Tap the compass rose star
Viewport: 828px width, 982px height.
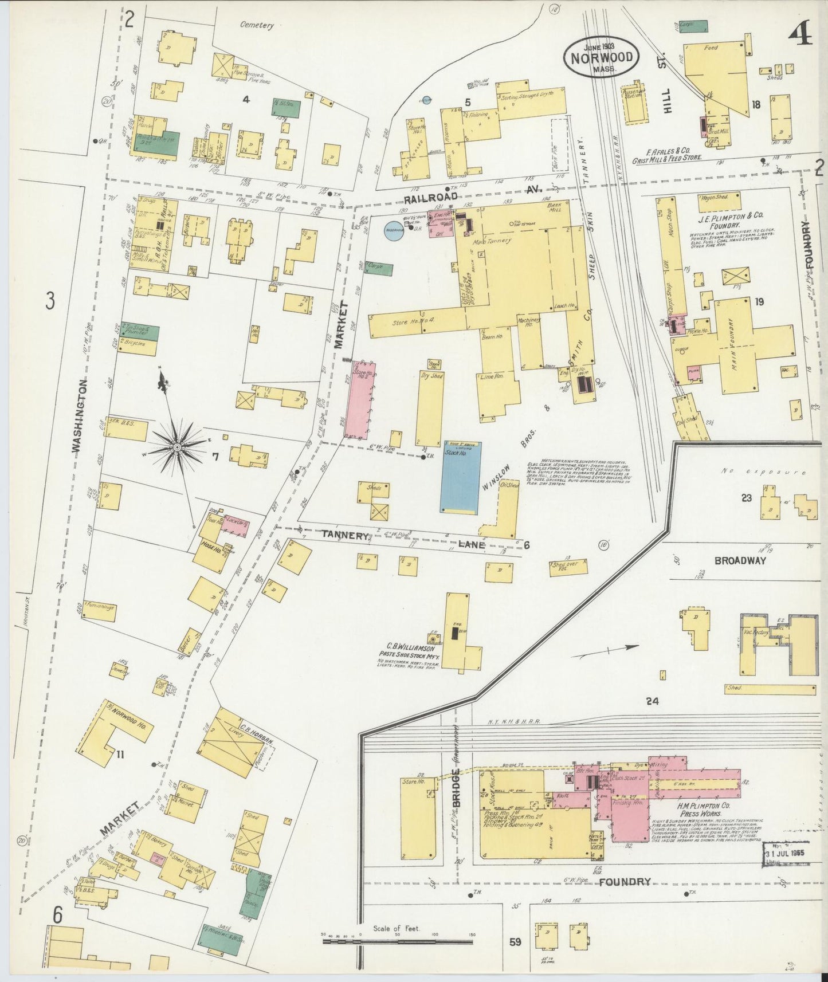[178, 446]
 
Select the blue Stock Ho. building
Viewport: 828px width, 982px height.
[460, 477]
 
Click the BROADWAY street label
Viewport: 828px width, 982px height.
[740, 560]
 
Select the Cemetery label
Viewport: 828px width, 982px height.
[257, 25]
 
